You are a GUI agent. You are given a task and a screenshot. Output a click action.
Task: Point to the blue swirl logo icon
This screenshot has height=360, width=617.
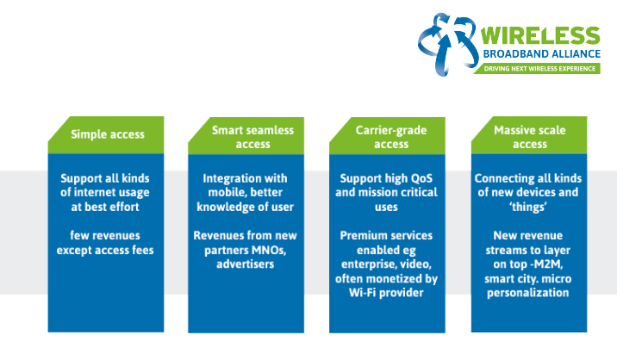point(447,43)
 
